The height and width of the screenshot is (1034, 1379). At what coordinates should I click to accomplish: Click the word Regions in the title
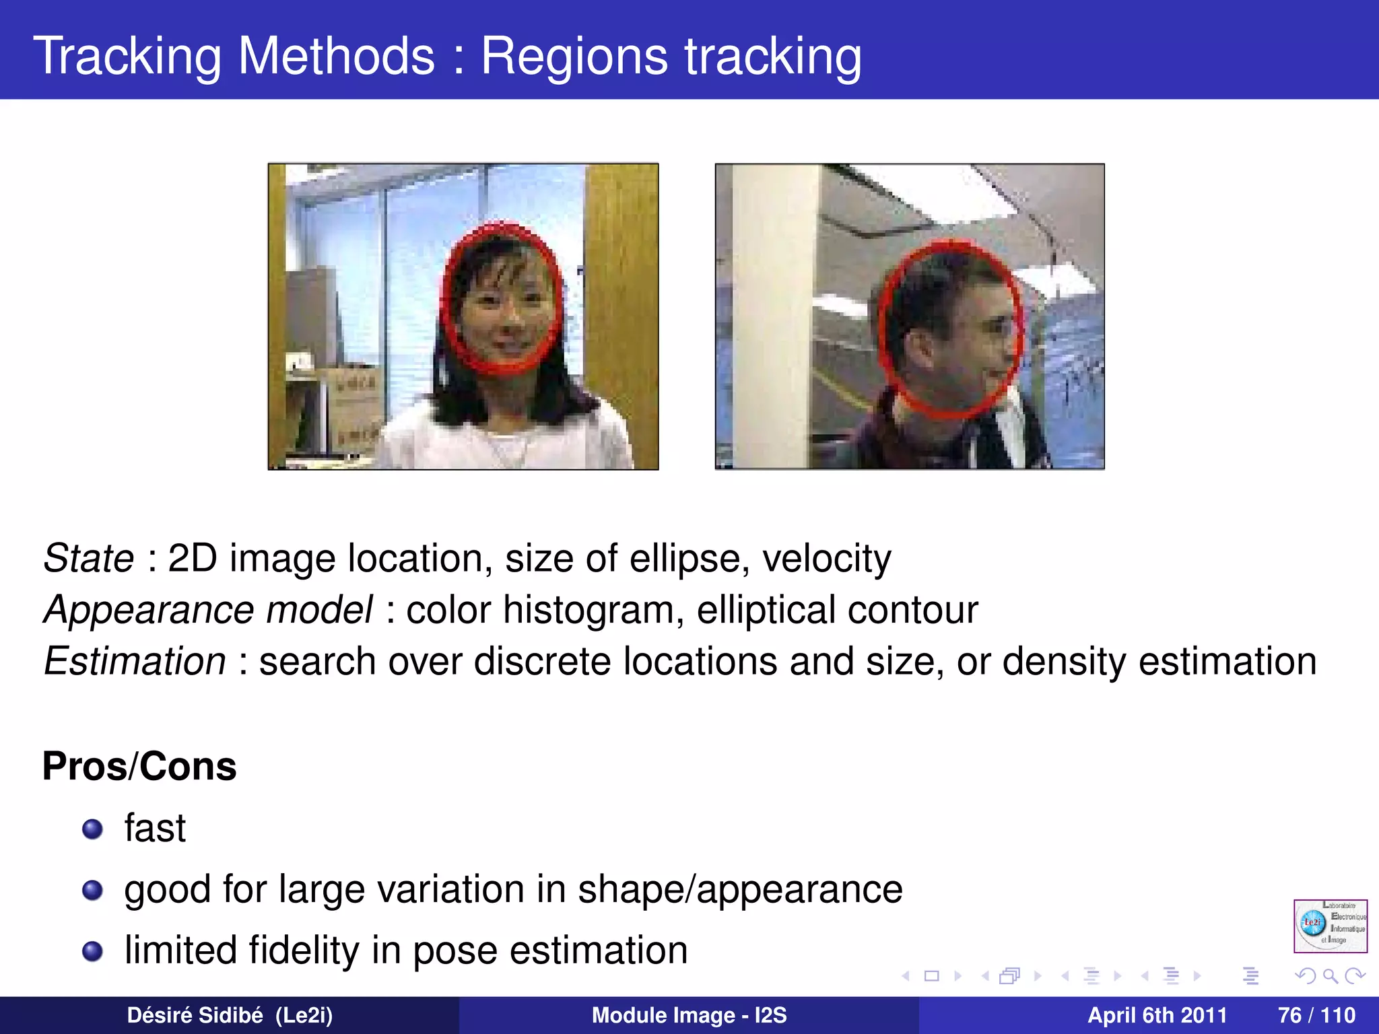coord(574,57)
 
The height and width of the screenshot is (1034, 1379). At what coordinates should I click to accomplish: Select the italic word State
coord(89,559)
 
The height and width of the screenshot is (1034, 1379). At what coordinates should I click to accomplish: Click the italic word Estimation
coord(135,661)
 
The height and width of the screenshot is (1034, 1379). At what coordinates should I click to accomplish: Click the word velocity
coord(826,559)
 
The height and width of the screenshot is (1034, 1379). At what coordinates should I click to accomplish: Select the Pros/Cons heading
coord(139,766)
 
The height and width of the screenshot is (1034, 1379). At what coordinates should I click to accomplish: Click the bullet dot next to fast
coord(92,829)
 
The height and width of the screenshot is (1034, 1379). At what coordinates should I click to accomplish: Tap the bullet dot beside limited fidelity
coord(92,951)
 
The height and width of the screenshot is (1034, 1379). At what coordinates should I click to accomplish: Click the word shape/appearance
coord(739,889)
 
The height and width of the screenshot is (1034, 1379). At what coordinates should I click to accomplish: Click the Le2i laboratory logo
coord(1330,926)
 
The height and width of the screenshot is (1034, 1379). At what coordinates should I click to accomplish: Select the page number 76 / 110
coord(1316,1015)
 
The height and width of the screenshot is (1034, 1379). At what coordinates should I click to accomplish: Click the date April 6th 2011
coord(1157,1015)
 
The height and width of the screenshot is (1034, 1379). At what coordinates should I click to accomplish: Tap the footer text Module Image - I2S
coord(689,1015)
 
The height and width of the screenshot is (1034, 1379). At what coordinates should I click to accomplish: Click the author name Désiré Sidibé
coord(195,1015)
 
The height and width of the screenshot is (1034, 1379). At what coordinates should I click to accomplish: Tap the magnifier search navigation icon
coord(1330,975)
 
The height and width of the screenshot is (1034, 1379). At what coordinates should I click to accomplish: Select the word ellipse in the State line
coord(684,559)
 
